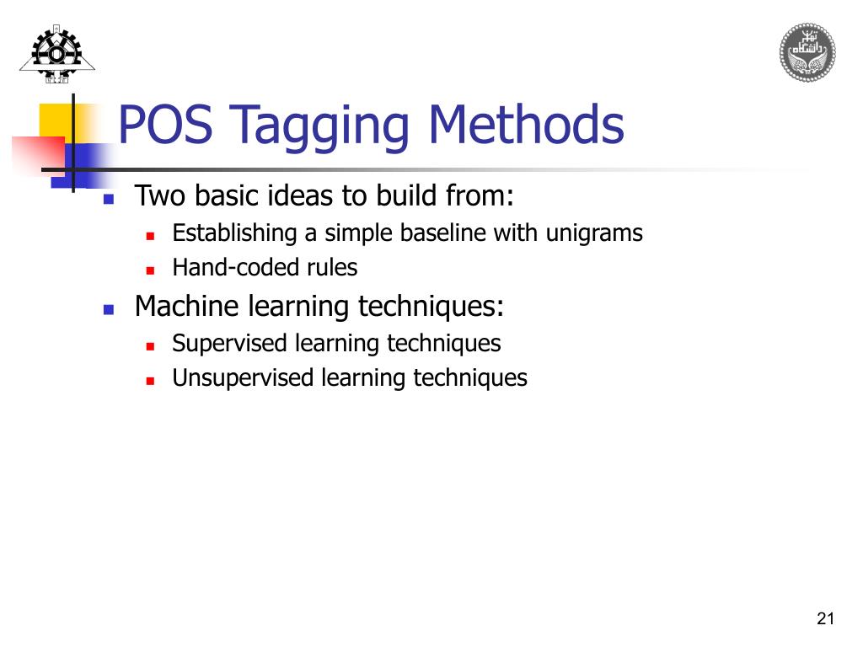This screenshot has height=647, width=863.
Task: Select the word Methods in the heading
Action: (526, 125)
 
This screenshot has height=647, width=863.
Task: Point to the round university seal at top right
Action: (807, 52)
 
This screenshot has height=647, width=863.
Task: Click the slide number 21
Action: (825, 619)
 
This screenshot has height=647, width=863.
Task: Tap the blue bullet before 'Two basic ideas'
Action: (108, 201)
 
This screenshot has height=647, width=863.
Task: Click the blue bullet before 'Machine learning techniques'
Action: (108, 309)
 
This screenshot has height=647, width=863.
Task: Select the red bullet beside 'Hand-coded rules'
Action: (149, 270)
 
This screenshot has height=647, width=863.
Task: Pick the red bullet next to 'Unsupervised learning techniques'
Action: (149, 381)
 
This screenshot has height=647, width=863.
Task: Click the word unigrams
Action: (594, 233)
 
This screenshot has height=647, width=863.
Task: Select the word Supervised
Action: (231, 344)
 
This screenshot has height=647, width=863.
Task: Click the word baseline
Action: (448, 233)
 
